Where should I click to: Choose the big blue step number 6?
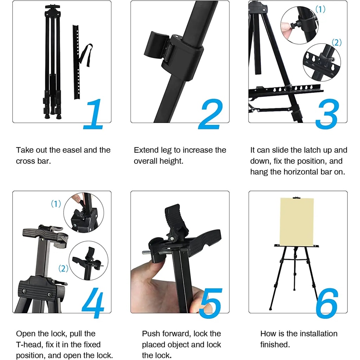click(x=327, y=303)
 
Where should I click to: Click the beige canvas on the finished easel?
click(x=297, y=222)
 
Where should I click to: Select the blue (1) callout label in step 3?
click(x=320, y=9)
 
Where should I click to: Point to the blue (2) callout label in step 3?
click(x=336, y=43)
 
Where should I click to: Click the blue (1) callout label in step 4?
click(x=56, y=204)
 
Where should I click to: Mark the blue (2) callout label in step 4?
click(x=63, y=268)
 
